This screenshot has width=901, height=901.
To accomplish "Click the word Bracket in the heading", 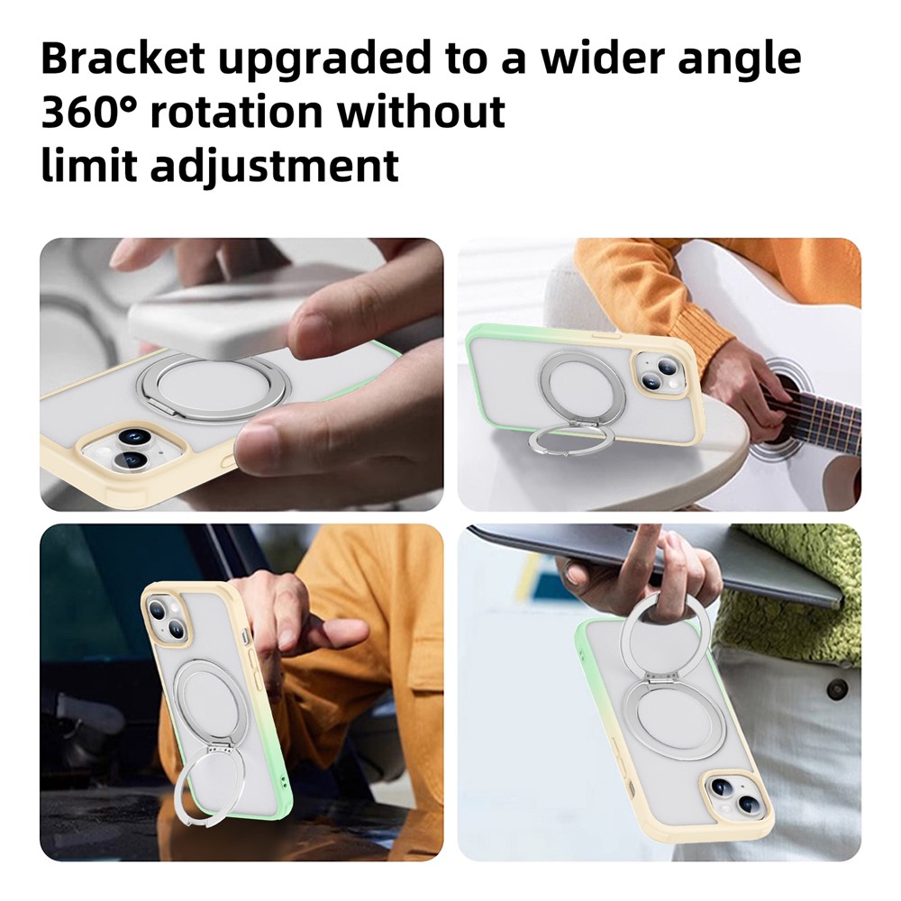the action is click(x=123, y=58).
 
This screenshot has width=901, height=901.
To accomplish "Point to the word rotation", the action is click(x=237, y=112).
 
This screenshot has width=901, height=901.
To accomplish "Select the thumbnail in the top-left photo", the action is click(x=314, y=321).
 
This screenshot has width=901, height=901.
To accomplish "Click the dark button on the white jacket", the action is click(x=838, y=687).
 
